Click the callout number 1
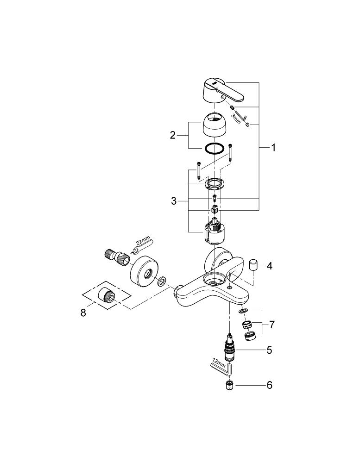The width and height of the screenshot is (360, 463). point(273,148)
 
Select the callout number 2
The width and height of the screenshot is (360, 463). point(173,135)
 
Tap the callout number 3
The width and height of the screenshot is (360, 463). point(174,201)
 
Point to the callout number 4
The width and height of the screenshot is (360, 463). point(269,266)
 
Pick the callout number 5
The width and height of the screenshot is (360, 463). point(269,350)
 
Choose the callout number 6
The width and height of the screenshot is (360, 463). point(269,385)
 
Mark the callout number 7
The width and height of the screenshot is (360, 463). point(272,325)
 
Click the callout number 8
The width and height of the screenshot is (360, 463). point(83,313)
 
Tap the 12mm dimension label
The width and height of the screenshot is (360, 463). point(217,361)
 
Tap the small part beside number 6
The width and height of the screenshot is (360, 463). point(229,385)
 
